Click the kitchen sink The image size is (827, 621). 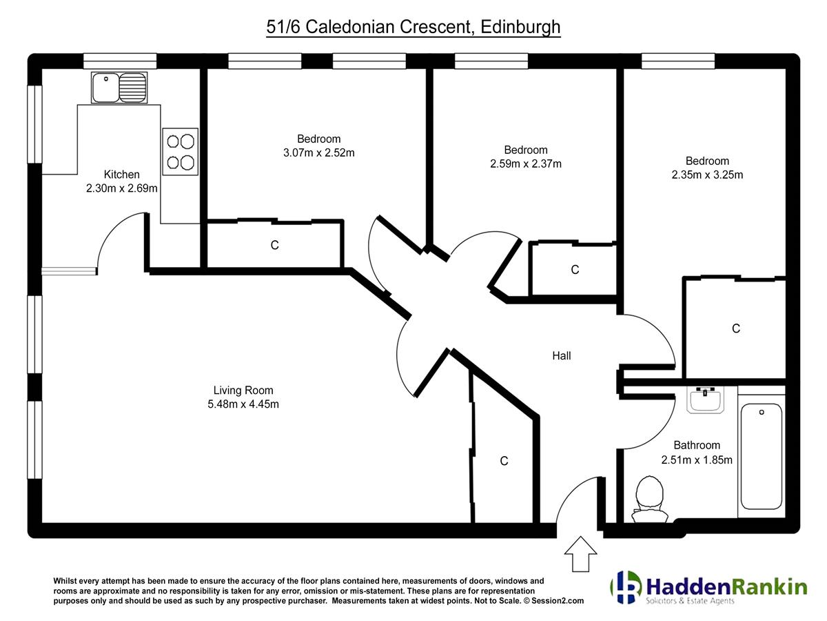[119, 88]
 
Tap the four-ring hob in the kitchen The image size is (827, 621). [180, 152]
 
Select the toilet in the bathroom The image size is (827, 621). [649, 499]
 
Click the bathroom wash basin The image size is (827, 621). [705, 400]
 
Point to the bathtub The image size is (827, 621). [761, 456]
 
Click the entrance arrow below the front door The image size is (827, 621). [580, 553]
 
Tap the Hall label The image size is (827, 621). [562, 355]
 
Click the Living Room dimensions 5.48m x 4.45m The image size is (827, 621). [243, 404]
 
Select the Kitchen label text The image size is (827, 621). [121, 174]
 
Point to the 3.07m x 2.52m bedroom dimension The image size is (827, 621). [319, 152]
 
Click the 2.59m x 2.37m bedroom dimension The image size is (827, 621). [526, 164]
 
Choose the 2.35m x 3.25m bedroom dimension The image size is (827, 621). [707, 175]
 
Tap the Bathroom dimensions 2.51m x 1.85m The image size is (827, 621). [697, 460]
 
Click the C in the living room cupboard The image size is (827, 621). [504, 461]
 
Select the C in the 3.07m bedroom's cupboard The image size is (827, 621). [275, 245]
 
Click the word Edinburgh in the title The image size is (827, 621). [520, 27]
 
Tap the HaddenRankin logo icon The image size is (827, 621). [626, 587]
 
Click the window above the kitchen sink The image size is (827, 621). [120, 61]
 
